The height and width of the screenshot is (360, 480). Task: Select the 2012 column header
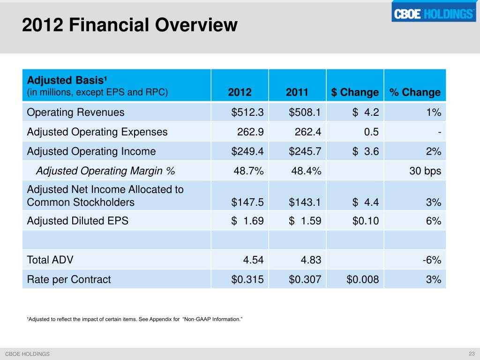(x=240, y=92)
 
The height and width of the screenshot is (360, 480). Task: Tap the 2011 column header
(x=297, y=92)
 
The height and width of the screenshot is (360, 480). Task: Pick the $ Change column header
(x=355, y=92)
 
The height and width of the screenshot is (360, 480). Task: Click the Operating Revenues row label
(x=76, y=112)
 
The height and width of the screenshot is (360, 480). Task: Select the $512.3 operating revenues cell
(x=247, y=112)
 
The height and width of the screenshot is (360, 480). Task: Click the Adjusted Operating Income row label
(x=91, y=151)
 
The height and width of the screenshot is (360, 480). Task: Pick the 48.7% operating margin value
(x=248, y=171)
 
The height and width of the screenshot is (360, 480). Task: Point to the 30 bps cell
(x=425, y=171)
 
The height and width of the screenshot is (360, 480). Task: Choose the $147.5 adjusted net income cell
(x=247, y=202)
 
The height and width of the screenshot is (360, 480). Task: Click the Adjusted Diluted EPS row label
(x=78, y=220)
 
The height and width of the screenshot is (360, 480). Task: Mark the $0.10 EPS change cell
(x=366, y=220)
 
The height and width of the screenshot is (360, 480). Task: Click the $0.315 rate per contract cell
(x=247, y=280)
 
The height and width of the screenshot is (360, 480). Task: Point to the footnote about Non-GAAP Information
(x=135, y=319)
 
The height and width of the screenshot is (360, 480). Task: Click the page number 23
(x=472, y=353)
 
